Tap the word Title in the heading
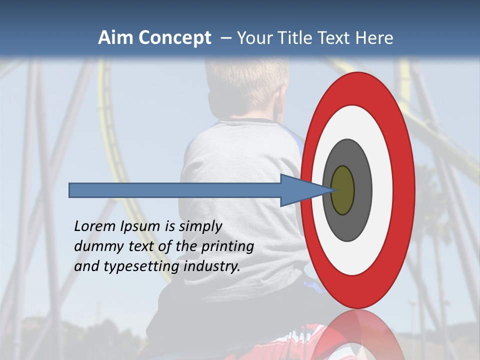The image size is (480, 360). [299, 38]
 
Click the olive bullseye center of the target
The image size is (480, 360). [342, 190]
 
